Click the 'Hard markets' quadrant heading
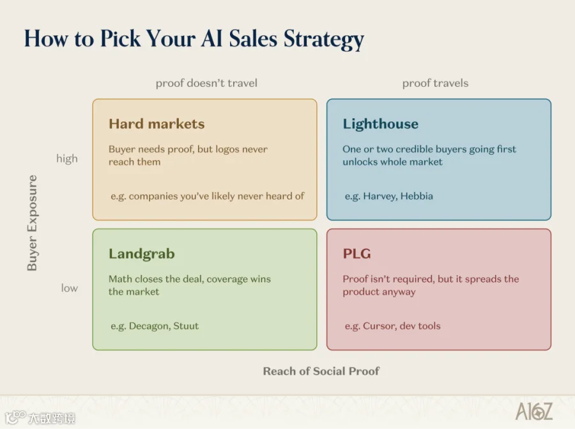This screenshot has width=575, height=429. point(157,123)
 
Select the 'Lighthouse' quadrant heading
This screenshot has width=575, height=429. point(380,124)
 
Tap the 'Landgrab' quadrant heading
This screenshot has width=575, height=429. point(142,254)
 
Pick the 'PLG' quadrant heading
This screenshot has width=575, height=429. point(356,254)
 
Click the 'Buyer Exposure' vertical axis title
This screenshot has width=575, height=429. point(33,222)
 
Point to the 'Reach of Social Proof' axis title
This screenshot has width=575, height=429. point(321,371)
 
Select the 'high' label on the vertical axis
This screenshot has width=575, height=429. point(66,159)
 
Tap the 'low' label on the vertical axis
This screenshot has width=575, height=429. point(69,288)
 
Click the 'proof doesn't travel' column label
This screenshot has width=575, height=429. point(206,83)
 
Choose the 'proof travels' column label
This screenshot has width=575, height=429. point(435,83)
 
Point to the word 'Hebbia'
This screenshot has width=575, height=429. point(417,196)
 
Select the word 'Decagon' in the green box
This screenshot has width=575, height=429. point(149,326)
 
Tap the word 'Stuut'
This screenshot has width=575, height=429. point(186,326)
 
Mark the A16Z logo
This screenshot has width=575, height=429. point(534,411)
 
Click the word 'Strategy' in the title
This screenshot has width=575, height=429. point(324,39)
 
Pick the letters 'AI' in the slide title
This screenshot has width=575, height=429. point(212,38)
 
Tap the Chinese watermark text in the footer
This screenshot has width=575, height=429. point(51,418)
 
